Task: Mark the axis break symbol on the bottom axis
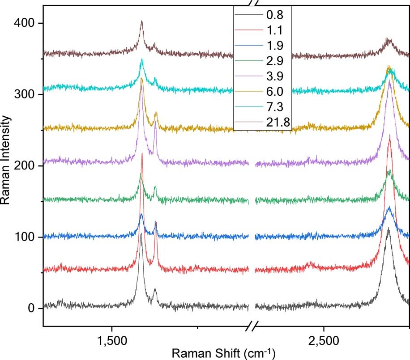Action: pyautogui.click(x=252, y=326)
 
